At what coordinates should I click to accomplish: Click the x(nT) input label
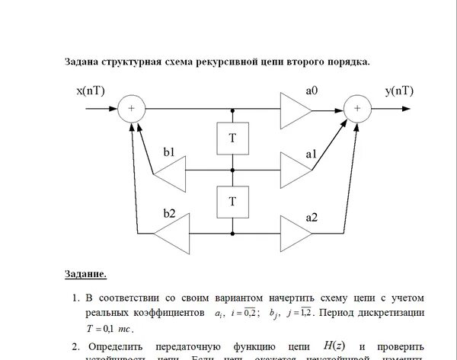[91, 91]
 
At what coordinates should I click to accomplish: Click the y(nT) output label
[399, 91]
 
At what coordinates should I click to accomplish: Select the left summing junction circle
[131, 109]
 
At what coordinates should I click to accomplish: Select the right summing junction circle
[356, 109]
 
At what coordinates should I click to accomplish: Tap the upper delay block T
[232, 139]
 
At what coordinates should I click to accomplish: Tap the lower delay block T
[232, 201]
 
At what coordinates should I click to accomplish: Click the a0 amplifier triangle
[295, 109]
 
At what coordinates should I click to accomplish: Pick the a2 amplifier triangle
[295, 231]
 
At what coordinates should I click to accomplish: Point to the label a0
[312, 91]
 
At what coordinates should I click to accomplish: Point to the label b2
[168, 215]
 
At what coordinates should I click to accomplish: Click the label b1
[168, 153]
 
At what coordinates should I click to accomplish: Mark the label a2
[312, 216]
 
